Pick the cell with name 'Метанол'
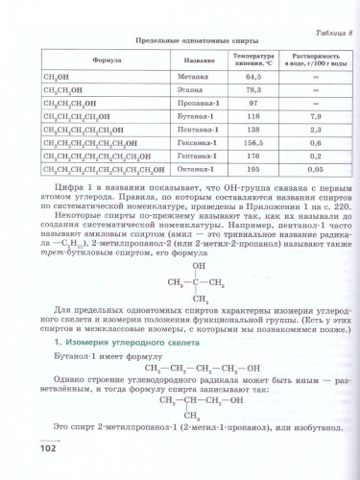[x=193, y=77]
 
